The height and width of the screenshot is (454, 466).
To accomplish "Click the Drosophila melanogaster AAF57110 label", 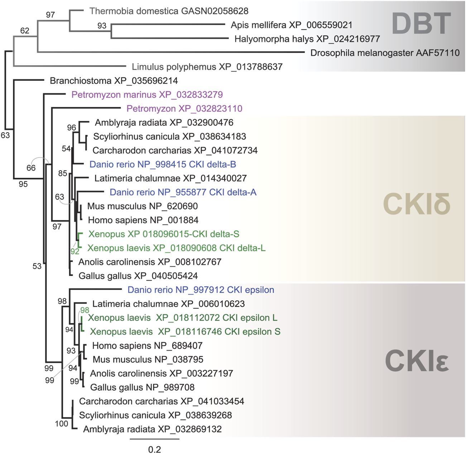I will coord(385,53).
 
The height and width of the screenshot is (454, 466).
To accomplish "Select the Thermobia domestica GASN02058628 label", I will coord(169,11).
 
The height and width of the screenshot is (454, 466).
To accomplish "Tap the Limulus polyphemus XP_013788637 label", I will coord(207,67).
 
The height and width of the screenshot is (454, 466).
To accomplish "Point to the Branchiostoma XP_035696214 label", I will coord(114,81).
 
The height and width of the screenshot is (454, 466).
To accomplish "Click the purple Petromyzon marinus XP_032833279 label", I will coord(147,95).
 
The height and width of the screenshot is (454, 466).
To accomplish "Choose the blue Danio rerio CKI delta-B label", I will coord(163,164).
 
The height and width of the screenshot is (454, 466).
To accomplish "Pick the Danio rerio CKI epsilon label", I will coord(201,290).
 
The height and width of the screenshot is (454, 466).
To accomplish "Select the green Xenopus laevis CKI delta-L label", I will coord(177,248).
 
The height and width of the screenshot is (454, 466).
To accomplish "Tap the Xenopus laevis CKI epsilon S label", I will coord(185,332).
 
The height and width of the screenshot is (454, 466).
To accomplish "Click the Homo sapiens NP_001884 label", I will coord(143,220).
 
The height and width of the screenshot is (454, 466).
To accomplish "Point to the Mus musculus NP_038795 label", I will coord(148,360).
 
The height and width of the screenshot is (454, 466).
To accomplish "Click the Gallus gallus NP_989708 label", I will coord(142,388).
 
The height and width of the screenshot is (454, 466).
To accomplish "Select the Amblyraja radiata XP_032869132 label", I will coord(152,429).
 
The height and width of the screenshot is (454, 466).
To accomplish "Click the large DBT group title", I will coord(421,24).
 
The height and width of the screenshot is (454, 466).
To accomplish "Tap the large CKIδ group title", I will coord(416,204).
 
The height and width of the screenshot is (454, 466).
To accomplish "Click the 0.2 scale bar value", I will coord(154,449).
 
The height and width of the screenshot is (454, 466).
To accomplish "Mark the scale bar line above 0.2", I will coord(154,439).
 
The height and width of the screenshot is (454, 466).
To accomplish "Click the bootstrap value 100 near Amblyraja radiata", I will coord(61,424).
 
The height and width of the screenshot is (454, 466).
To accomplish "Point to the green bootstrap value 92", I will coord(75,252).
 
